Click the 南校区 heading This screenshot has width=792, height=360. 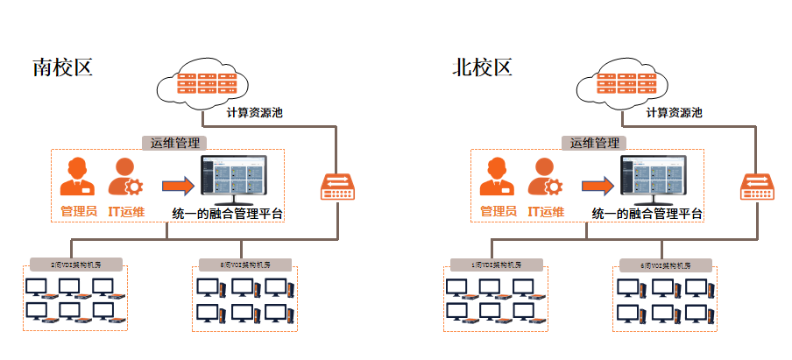point(62,68)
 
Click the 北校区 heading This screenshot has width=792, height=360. point(482,68)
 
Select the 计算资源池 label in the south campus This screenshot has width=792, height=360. point(254,113)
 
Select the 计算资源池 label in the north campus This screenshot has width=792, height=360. point(674,113)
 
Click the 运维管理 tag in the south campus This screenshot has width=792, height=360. point(174,143)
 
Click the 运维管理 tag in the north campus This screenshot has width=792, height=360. point(595,143)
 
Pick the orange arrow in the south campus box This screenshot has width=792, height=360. point(177,184)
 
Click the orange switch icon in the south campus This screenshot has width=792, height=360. point(336,185)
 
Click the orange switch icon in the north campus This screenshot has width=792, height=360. point(756,185)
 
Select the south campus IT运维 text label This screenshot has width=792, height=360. point(126,211)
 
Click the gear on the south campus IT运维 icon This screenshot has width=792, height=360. point(134,186)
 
